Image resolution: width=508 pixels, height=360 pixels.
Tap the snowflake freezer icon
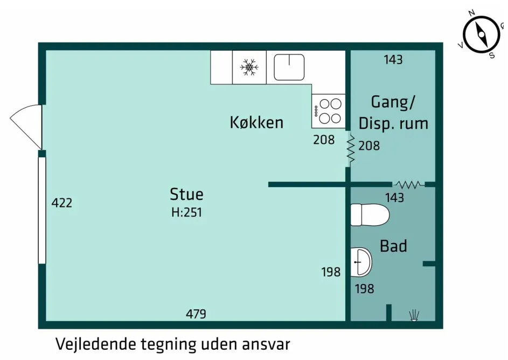[x=249, y=67]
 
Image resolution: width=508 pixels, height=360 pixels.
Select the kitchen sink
[x=289, y=67]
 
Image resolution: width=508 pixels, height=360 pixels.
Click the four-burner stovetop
[x=329, y=110]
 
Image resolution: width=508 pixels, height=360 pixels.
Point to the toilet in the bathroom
[x=370, y=215]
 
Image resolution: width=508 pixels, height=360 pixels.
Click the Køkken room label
[x=256, y=122]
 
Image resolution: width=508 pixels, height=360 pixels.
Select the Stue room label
[x=186, y=194]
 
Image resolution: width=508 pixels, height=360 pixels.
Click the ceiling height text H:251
[x=186, y=212]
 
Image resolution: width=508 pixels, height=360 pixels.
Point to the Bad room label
[x=393, y=246]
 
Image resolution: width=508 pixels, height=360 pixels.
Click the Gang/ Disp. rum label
[x=393, y=112]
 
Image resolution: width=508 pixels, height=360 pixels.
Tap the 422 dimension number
[x=61, y=203]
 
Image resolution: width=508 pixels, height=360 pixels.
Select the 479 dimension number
[x=196, y=314]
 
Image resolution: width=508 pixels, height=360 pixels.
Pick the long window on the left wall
[x=42, y=210]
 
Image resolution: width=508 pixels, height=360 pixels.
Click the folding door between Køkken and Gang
[x=350, y=149]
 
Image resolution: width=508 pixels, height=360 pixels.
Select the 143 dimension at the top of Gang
[x=393, y=60]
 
